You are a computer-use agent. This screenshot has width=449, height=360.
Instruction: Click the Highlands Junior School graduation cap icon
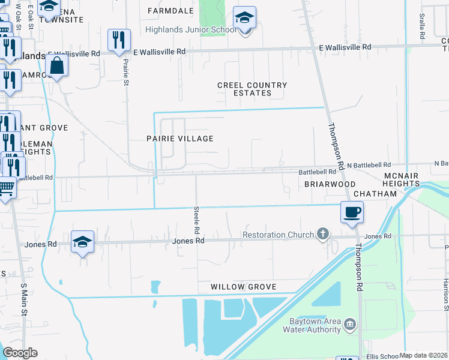tap(244, 18)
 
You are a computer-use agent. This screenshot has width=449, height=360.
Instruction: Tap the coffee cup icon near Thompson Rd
tap(352, 212)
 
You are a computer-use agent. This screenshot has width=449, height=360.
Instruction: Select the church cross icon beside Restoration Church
tap(324, 233)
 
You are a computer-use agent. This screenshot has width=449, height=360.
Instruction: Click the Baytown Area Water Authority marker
tap(351, 325)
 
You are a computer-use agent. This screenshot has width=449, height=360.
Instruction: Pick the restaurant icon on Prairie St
tap(119, 41)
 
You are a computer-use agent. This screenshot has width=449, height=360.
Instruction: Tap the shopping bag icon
tap(56, 67)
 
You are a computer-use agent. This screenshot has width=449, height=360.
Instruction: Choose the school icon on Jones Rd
tap(83, 242)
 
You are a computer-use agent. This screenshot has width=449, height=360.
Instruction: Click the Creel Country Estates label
tap(252, 89)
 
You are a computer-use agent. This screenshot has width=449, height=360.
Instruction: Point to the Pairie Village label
tap(180, 139)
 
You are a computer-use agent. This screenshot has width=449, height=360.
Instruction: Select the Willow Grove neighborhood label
tap(244, 287)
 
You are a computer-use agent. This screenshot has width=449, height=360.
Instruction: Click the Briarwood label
tap(330, 184)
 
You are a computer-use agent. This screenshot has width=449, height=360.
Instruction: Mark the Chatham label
tap(375, 194)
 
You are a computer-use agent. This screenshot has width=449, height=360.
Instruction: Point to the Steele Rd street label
tap(196, 220)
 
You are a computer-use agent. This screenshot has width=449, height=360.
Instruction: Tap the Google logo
tap(20, 353)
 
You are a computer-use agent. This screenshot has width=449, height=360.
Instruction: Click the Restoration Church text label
tap(279, 235)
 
